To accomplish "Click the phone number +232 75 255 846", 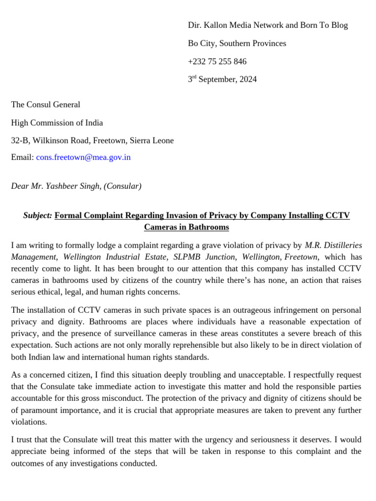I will click(x=217, y=62).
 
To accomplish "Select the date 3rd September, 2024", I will click(x=222, y=79).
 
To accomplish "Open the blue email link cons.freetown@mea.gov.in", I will click(x=83, y=158).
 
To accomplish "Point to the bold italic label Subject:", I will click(x=37, y=216).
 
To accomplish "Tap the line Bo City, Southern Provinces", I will click(x=237, y=44).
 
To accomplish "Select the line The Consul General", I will click(x=46, y=105).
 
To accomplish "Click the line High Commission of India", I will click(x=57, y=123).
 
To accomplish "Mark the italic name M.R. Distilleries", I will click(x=333, y=245).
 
